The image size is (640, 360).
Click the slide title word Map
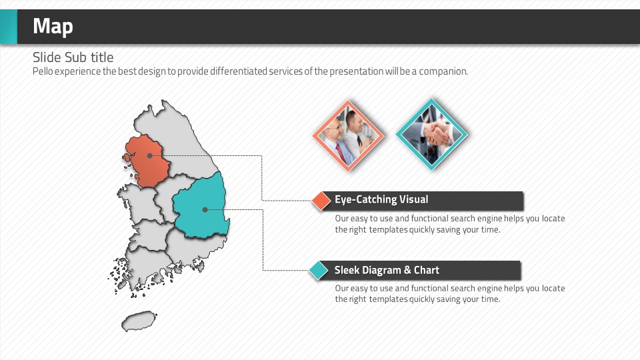pyautogui.click(x=53, y=27)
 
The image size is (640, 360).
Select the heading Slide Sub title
pyautogui.click(x=73, y=57)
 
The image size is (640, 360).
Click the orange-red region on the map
pyautogui.click(x=148, y=161)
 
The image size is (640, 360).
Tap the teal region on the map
pyautogui.click(x=201, y=207)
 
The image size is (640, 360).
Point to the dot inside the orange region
pyautogui.click(x=150, y=155)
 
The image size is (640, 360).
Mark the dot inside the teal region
pyautogui.click(x=205, y=209)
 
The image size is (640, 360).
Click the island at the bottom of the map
pyautogui.click(x=139, y=321)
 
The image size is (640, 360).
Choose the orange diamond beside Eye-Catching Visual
pyautogui.click(x=321, y=201)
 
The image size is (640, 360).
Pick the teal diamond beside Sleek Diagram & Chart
pyautogui.click(x=319, y=270)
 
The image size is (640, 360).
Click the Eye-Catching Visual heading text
pyautogui.click(x=381, y=199)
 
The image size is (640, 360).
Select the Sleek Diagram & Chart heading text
pyautogui.click(x=387, y=270)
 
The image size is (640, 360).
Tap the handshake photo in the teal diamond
pyautogui.click(x=432, y=134)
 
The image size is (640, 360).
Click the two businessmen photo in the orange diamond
pyautogui.click(x=349, y=135)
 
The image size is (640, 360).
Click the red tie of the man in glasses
pyautogui.click(x=340, y=153)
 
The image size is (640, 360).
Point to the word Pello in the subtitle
pyautogui.click(x=43, y=71)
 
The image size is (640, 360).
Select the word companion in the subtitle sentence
pyautogui.click(x=443, y=72)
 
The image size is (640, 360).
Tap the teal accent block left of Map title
pyautogui.click(x=9, y=27)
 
